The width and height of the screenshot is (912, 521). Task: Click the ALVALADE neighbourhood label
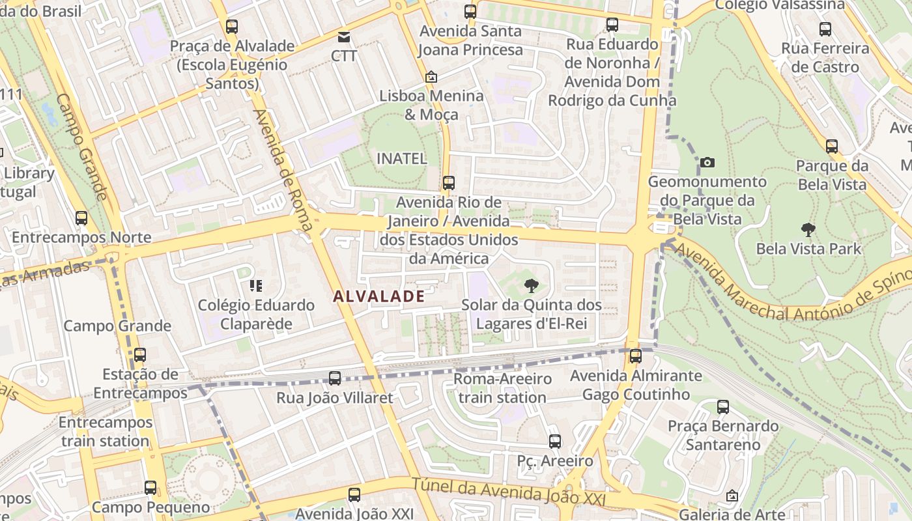378,296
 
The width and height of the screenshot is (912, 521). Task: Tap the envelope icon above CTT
344,37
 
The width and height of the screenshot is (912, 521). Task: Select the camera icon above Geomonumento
707,162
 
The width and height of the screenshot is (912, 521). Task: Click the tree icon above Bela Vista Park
808,229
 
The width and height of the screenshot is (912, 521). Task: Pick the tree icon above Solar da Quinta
532,285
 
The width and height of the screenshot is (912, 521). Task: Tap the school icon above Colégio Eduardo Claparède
255,285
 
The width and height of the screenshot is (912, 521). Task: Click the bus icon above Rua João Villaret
335,378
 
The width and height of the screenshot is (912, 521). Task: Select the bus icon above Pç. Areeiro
555,441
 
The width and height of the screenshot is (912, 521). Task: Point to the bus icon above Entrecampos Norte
81,218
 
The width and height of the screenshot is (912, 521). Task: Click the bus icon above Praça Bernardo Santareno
723,407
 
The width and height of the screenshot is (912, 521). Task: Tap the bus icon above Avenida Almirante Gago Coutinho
636,356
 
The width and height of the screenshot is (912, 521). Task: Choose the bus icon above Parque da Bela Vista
832,146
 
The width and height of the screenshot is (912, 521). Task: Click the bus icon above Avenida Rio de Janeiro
448,182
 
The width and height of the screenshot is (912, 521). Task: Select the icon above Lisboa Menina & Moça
431,77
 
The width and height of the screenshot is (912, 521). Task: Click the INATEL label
402,158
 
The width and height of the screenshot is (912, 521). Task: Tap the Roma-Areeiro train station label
502,387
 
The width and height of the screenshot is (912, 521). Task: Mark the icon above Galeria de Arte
732,496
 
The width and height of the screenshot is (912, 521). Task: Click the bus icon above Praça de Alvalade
232,27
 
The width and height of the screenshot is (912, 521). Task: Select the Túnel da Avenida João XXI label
509,492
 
